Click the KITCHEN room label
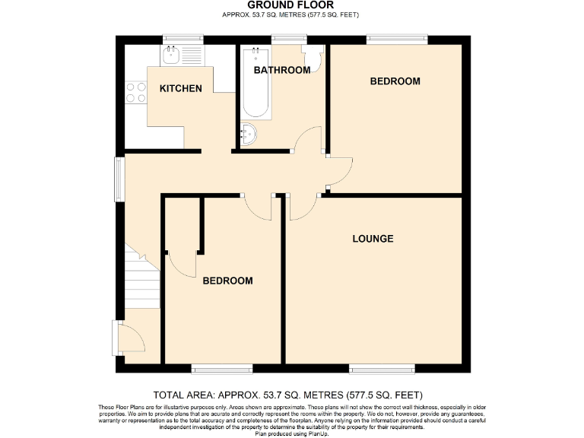(x=180, y=88)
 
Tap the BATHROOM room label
(x=282, y=70)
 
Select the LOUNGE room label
(x=373, y=239)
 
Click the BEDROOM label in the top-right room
(x=395, y=81)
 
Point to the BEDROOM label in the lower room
(x=227, y=281)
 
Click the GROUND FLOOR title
(x=290, y=5)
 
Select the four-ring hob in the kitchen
(x=136, y=92)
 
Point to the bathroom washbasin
(x=249, y=135)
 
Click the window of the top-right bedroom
(x=396, y=38)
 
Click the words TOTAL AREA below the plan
(x=183, y=395)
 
